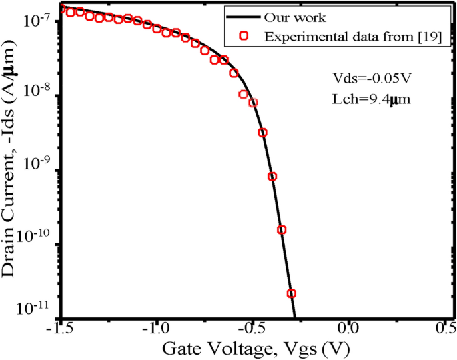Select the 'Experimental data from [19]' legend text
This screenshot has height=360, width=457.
point(351,37)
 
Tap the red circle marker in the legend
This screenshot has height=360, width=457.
point(245,37)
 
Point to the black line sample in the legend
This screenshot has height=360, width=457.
point(245,17)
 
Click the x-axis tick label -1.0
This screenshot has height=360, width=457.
point(156,329)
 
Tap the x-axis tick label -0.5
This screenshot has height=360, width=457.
point(252,329)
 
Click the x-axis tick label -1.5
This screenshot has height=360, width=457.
point(61,329)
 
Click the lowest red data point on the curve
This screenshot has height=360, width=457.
point(291,293)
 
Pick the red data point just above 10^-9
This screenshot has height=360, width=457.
point(272,177)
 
